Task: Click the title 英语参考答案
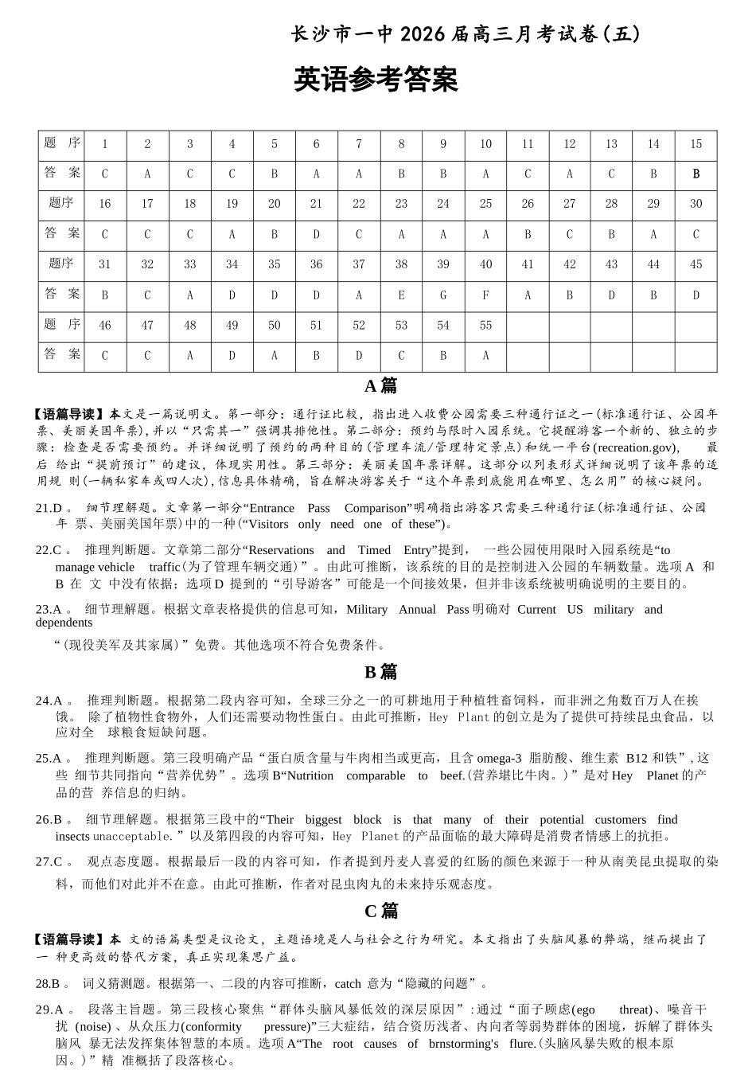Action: pyautogui.click(x=376, y=80)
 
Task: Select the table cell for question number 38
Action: pyautogui.click(x=401, y=264)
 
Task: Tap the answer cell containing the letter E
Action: pyautogui.click(x=401, y=295)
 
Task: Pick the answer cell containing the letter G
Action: pyautogui.click(x=443, y=295)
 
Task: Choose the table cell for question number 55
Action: pyautogui.click(x=485, y=325)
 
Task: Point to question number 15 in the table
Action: pyautogui.click(x=696, y=144)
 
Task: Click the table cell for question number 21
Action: pyautogui.click(x=316, y=204)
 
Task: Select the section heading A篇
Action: pyautogui.click(x=380, y=386)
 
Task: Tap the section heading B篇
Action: pyautogui.click(x=380, y=672)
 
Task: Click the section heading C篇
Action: pyautogui.click(x=380, y=911)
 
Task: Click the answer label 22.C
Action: pyautogui.click(x=49, y=550)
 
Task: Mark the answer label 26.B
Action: pyautogui.click(x=49, y=819)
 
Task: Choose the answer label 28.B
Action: pyautogui.click(x=49, y=983)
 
